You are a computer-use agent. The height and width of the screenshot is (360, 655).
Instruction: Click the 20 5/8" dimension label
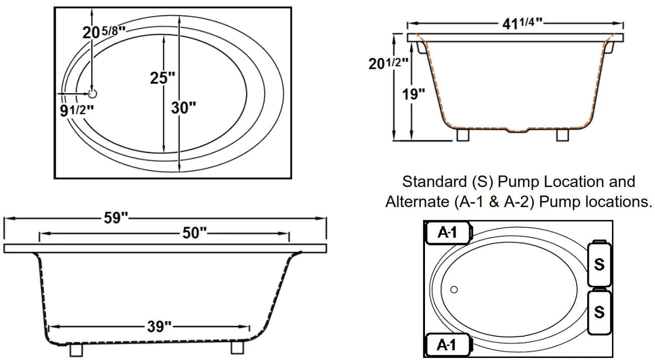[x=103, y=33]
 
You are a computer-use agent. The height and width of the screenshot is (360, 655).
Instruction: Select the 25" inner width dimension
[x=163, y=78]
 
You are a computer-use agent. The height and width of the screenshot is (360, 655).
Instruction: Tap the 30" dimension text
[x=183, y=107]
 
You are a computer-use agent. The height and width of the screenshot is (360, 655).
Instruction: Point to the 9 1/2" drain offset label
[x=77, y=110]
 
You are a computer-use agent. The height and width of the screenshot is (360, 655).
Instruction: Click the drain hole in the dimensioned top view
[x=93, y=93]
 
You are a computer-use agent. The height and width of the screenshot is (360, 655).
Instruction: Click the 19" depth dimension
[x=413, y=94]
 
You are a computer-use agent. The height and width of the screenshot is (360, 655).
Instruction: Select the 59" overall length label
[x=117, y=219]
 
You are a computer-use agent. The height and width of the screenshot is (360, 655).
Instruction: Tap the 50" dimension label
[x=195, y=233]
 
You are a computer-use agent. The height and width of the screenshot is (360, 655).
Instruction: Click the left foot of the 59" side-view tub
[x=76, y=349]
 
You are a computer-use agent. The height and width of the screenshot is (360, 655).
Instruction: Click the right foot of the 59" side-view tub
[x=238, y=348]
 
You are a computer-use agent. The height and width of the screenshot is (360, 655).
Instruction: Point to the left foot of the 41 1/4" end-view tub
[x=463, y=134]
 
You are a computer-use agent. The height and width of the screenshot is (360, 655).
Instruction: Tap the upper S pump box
[x=599, y=264]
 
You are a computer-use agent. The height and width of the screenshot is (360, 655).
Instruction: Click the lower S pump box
[x=599, y=311]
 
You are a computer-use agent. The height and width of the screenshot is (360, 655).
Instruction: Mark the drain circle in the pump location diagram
[x=454, y=289]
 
